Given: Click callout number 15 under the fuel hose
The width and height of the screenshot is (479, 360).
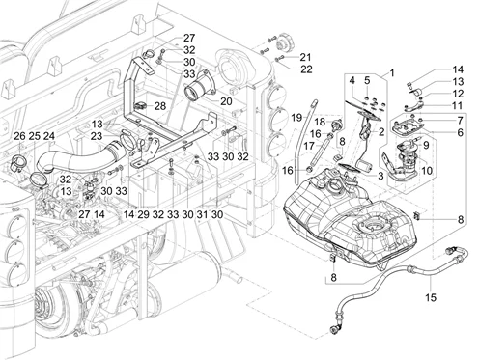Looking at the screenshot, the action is tap(431, 297).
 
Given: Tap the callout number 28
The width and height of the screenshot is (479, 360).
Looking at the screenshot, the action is tap(159, 106).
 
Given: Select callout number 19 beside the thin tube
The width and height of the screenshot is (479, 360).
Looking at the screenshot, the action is tap(297, 118).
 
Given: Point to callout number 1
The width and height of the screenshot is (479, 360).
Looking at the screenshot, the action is tap(392, 73).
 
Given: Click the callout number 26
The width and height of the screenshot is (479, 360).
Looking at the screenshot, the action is tap(19, 136).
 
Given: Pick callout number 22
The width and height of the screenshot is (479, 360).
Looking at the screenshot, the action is tap(306, 69).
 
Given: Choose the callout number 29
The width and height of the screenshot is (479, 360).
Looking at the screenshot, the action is tap(143, 214).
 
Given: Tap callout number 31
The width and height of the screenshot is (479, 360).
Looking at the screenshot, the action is tap(202, 214).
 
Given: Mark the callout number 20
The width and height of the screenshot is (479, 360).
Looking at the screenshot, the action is tap(226, 101).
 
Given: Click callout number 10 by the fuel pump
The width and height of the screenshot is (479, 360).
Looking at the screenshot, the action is tap(427, 171).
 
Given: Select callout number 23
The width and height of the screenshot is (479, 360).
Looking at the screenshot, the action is tap(97, 136).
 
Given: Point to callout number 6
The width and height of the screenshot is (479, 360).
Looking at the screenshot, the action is tap(460, 132).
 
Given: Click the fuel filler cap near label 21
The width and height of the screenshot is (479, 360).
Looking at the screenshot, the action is tap(284, 42).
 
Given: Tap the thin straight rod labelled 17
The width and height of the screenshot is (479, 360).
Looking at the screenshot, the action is tap(322, 152).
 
